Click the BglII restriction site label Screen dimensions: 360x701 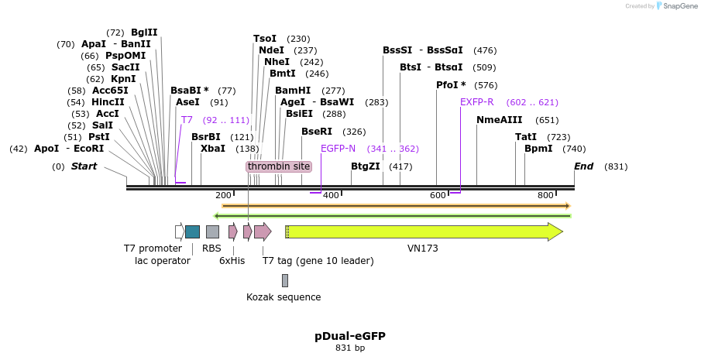pos(144,33)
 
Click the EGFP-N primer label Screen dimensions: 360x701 pos(338,149)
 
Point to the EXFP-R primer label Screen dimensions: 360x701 pos(477,102)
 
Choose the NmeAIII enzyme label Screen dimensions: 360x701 pos(500,120)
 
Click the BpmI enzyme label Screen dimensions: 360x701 pos(538,149)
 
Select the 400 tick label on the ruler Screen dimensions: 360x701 pos(331,195)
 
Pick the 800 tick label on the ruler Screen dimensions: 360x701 pos(545,195)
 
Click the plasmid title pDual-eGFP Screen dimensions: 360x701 pos(350,336)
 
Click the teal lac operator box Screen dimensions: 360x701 pos(192,231)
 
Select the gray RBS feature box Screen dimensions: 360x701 pos(212,231)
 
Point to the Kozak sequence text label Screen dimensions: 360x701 pos(283,297)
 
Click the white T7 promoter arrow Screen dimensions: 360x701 pos(180,231)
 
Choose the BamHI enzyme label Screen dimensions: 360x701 pos(293,91)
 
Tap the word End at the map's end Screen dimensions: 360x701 pos(583,166)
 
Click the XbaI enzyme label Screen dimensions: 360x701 pos(213,149)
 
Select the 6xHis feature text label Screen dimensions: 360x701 pos(232,261)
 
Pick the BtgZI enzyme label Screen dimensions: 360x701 pos(366,166)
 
